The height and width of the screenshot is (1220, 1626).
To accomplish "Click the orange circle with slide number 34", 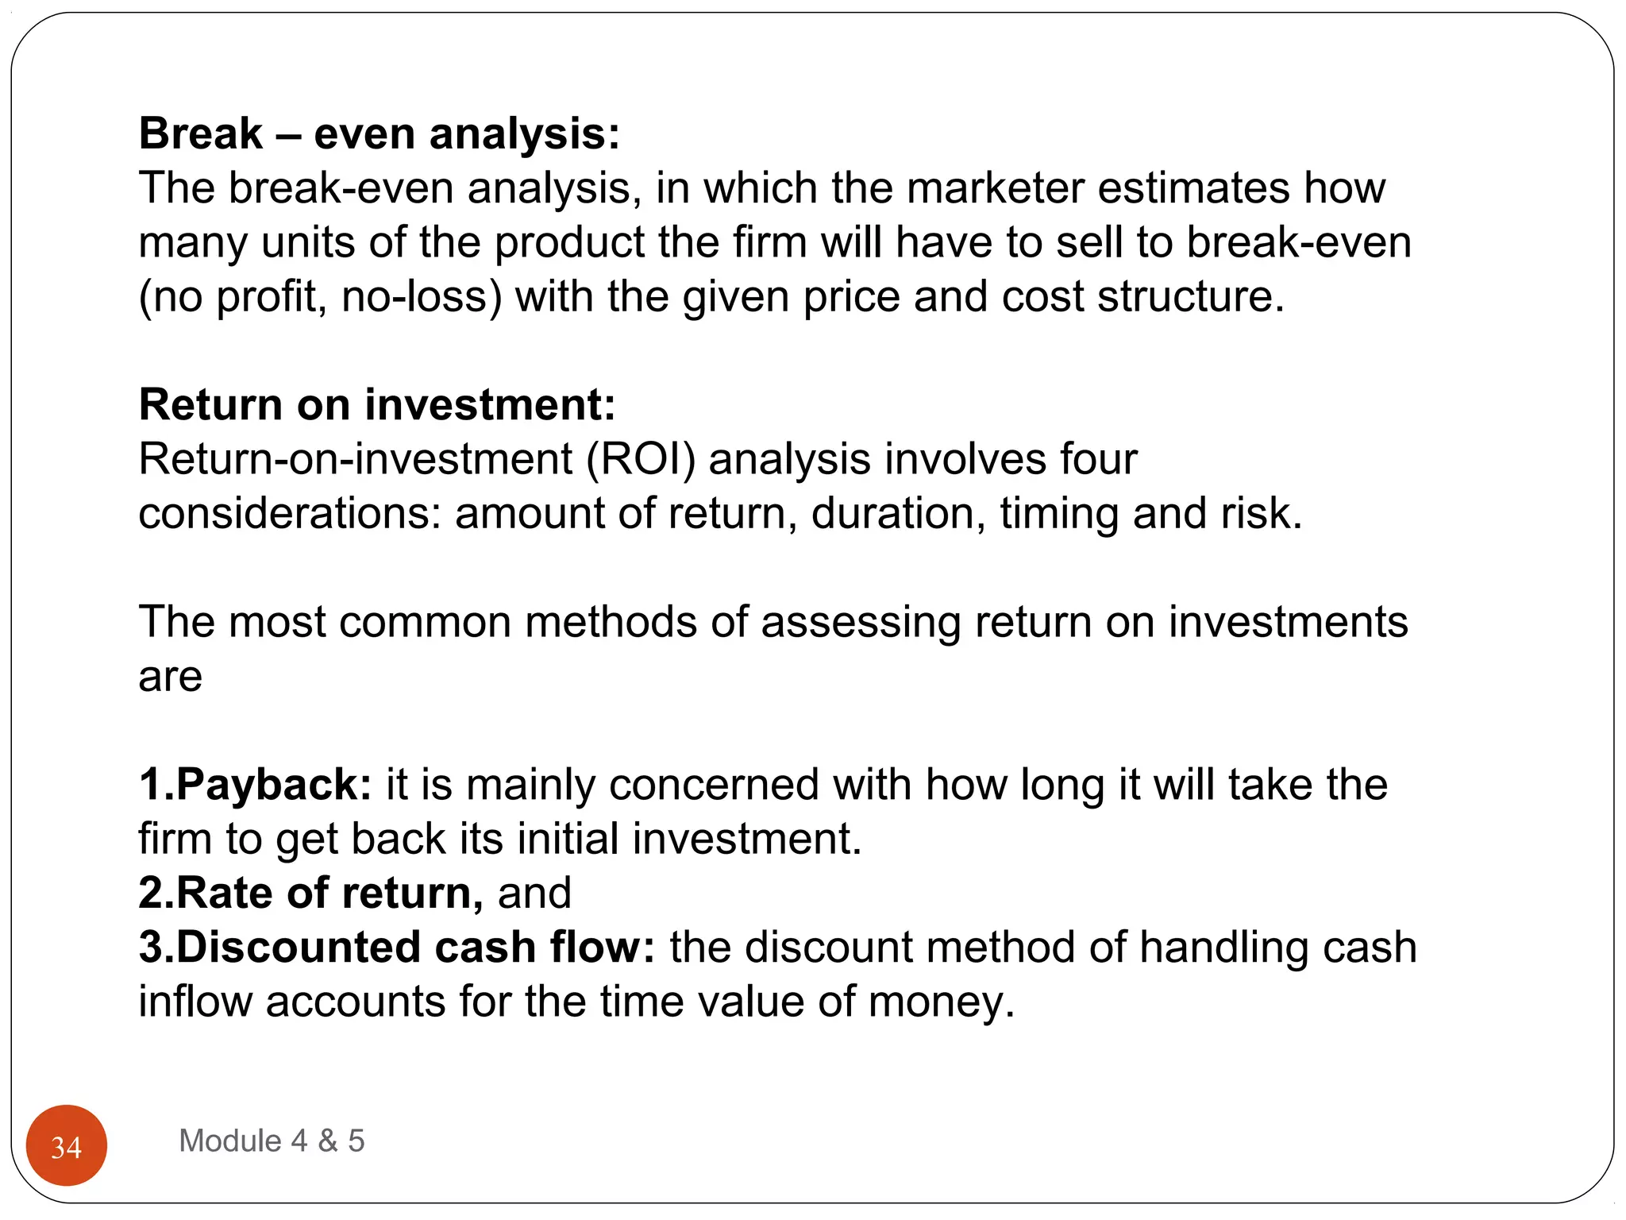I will click(66, 1145).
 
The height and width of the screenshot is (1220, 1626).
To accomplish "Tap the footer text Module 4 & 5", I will click(272, 1141).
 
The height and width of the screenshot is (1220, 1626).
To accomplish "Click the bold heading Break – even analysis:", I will click(379, 133).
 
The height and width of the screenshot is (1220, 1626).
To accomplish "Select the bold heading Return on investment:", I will click(377, 404).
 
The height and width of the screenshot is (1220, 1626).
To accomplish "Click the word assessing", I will click(861, 622).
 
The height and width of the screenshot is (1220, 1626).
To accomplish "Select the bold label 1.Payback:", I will click(255, 785).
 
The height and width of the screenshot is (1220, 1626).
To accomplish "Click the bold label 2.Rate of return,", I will click(310, 893).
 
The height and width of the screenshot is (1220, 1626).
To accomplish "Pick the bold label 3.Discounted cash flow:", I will click(396, 947).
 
